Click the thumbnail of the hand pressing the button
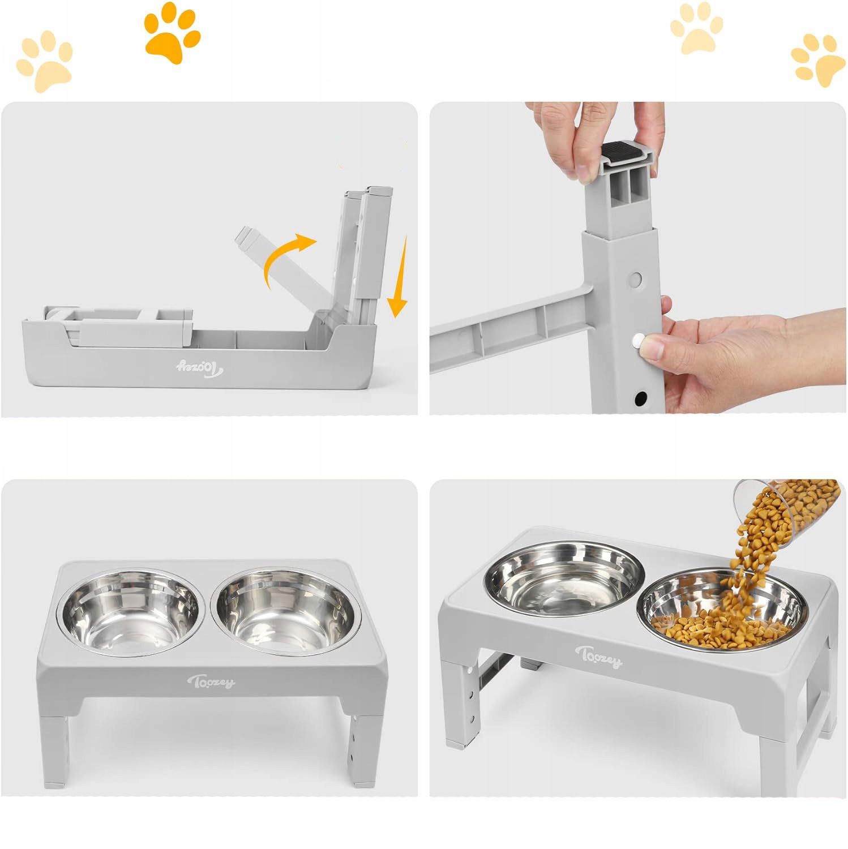(638, 258)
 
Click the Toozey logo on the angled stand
(599, 657)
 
